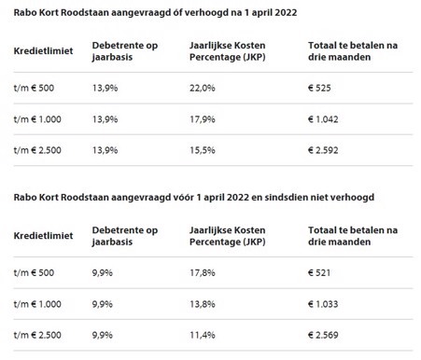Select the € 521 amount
pyautogui.click(x=322, y=271)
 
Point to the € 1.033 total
pyautogui.click(x=326, y=304)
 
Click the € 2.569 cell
pyautogui.click(x=326, y=337)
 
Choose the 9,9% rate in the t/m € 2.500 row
pyautogui.click(x=103, y=337)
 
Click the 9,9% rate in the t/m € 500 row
pyautogui.click(x=103, y=271)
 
